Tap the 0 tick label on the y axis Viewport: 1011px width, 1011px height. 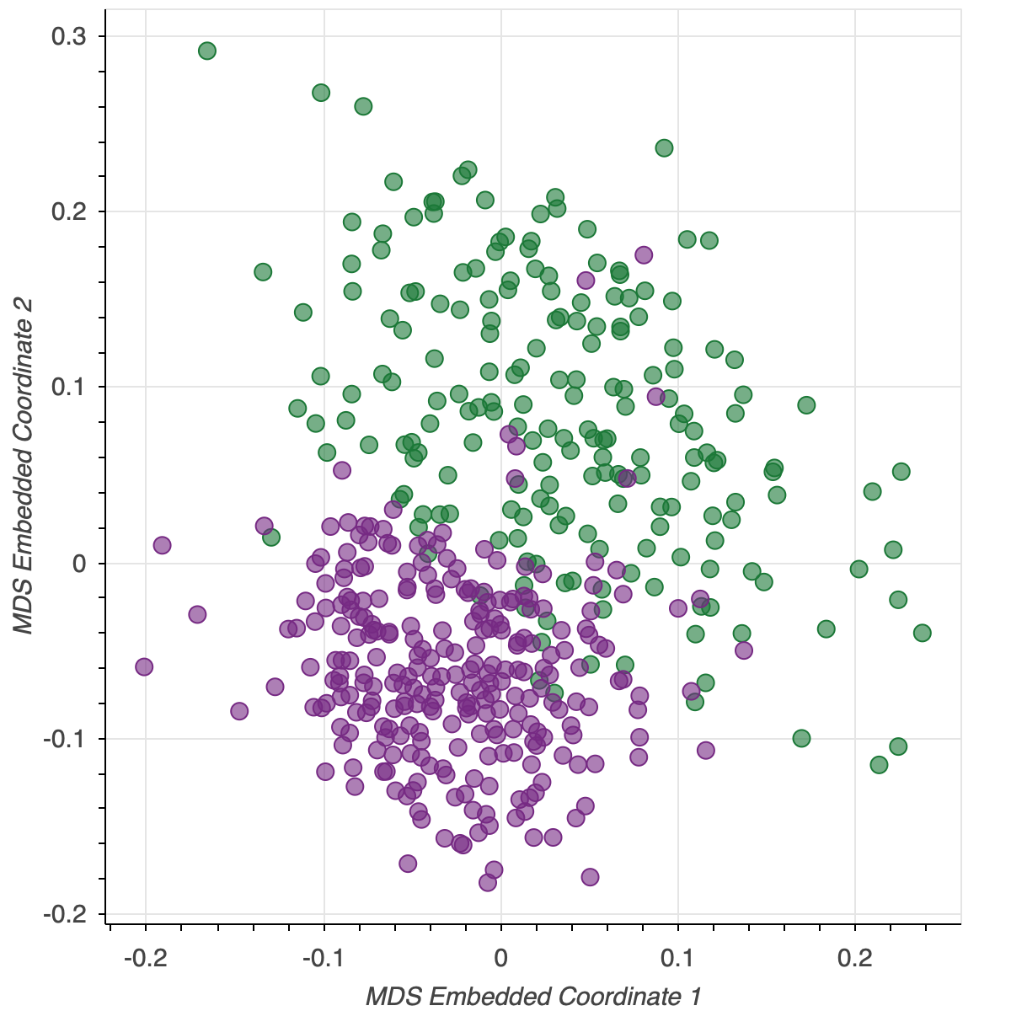tap(79, 563)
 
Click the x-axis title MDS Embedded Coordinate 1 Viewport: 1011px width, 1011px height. tap(533, 996)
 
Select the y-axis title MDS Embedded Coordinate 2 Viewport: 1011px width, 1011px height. tap(24, 464)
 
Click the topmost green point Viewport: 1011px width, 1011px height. tap(207, 51)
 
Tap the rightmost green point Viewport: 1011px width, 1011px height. tap(923, 633)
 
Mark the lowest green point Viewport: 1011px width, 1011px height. tap(879, 765)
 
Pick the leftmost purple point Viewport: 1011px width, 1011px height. tap(144, 667)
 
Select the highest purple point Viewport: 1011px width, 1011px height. tap(644, 254)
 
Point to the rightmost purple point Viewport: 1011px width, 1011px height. tap(744, 650)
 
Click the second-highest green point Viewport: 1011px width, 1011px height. tap(321, 93)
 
